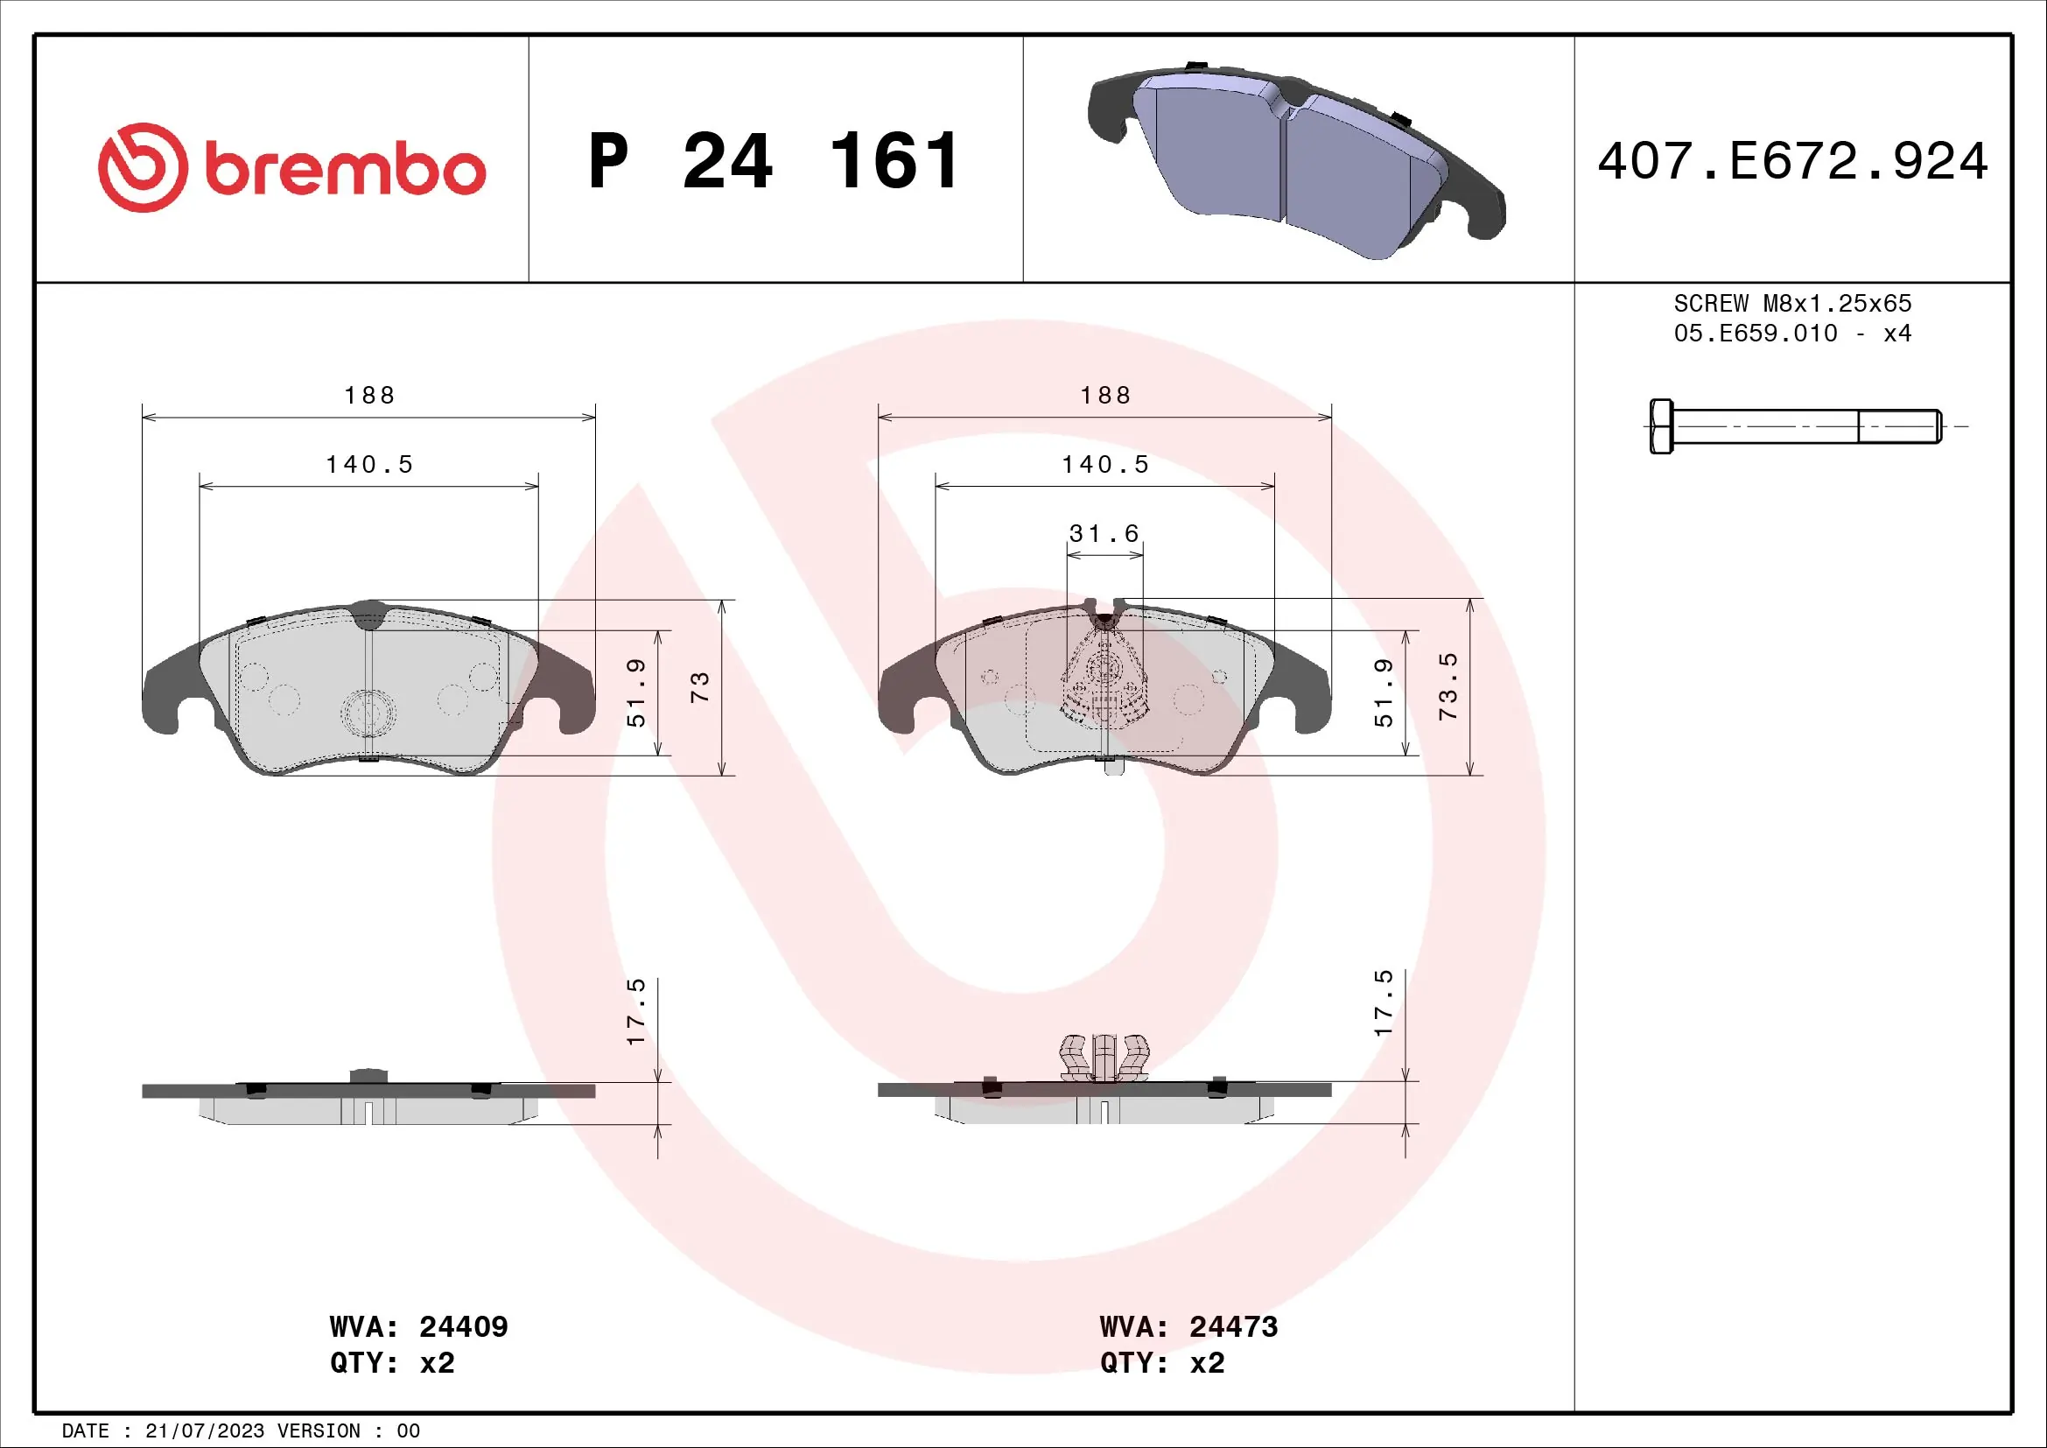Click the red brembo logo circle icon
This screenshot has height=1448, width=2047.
[x=143, y=167]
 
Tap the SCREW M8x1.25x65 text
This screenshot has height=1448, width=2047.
[x=1792, y=304]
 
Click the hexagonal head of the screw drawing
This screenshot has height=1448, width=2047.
[x=1660, y=426]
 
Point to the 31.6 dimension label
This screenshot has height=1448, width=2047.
[x=1104, y=534]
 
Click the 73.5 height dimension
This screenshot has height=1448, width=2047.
[x=1448, y=686]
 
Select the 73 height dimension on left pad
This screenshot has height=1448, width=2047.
[x=700, y=686]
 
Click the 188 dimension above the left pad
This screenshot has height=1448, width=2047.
[x=369, y=395]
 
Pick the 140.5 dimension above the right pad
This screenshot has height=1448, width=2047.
[x=1104, y=465]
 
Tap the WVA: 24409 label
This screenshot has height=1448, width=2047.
[x=418, y=1326]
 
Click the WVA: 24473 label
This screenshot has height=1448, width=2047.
[x=1188, y=1326]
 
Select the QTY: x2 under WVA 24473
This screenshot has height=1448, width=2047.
[x=1161, y=1363]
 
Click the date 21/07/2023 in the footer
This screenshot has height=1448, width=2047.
[x=204, y=1431]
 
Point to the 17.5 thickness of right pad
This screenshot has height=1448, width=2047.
[x=1383, y=1003]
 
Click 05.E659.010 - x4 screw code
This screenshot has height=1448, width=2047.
[x=1792, y=334]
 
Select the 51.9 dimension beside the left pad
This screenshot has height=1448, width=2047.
[x=635, y=692]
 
